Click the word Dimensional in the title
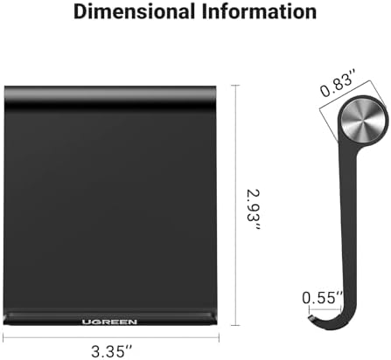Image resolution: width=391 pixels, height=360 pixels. pyautogui.click(x=135, y=11)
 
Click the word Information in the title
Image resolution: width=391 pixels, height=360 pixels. pyautogui.click(x=260, y=11)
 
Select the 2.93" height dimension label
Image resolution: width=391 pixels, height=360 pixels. pyautogui.click(x=253, y=210)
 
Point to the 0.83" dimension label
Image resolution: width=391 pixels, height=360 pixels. pyautogui.click(x=339, y=87)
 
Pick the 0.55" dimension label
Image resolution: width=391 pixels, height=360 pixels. pyautogui.click(x=322, y=298)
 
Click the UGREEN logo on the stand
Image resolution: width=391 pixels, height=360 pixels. pyautogui.click(x=109, y=322)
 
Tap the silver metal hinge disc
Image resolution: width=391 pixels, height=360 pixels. pyautogui.click(x=363, y=121)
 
